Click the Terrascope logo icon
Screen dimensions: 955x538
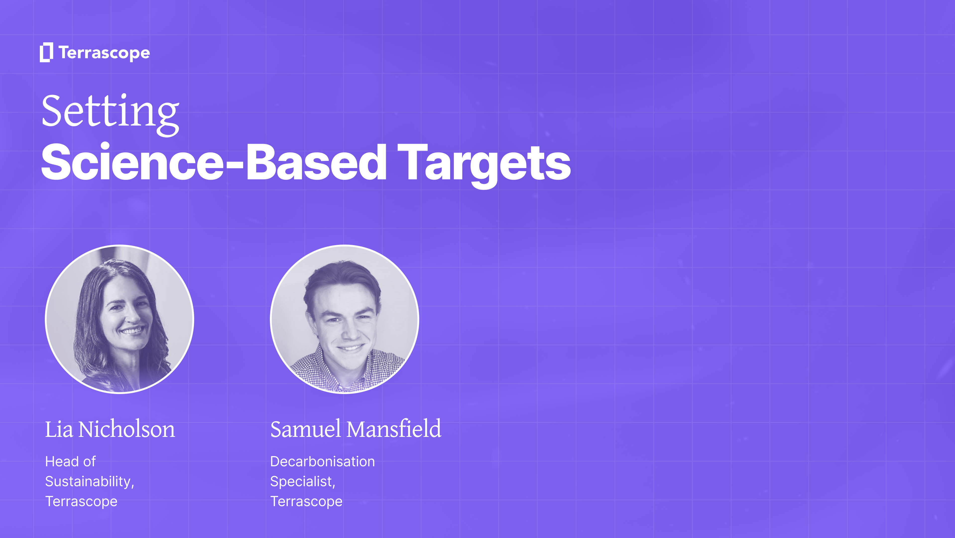pos(46,52)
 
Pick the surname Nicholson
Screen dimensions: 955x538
pos(126,429)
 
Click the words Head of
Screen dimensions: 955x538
pos(70,462)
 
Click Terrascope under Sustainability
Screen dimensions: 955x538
pos(81,502)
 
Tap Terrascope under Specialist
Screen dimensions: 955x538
pos(306,502)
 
